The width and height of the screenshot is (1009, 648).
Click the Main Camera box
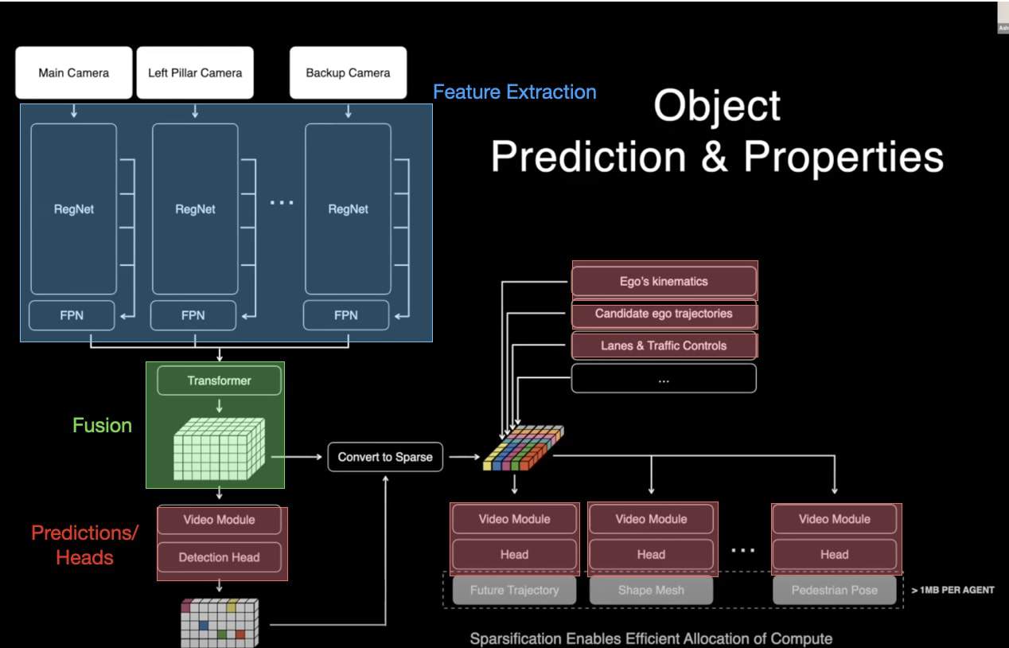tap(73, 72)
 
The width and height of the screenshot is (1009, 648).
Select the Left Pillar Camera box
tap(195, 72)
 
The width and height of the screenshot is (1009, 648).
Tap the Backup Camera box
tap(348, 72)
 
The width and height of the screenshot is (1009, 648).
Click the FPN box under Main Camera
tap(72, 315)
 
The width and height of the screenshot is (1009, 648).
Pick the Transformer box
tap(219, 381)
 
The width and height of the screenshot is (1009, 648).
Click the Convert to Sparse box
tap(385, 457)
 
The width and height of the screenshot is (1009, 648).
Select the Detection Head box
tap(219, 557)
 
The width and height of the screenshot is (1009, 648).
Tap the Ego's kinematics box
tap(664, 281)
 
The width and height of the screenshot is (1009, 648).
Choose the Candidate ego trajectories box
tap(664, 314)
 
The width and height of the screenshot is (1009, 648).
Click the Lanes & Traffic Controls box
tap(664, 345)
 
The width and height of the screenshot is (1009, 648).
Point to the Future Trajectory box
tap(514, 590)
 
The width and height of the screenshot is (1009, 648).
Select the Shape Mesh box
tap(651, 590)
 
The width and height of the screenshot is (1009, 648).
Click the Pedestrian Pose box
tap(834, 590)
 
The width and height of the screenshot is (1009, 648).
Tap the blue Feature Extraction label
tap(514, 92)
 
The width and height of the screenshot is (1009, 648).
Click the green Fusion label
tap(102, 425)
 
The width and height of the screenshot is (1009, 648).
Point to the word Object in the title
tap(717, 106)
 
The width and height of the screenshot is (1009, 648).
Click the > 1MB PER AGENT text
tap(953, 590)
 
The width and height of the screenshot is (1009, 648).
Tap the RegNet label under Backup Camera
tap(348, 209)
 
